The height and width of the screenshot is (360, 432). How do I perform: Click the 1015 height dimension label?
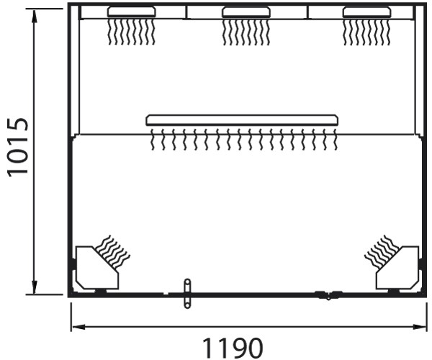[18, 148]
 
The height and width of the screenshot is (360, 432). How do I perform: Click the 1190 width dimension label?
[233, 348]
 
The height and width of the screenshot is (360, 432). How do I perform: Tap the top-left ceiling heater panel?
[132, 12]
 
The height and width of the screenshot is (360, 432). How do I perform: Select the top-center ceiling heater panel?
[246, 12]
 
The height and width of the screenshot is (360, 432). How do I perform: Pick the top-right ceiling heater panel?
[366, 12]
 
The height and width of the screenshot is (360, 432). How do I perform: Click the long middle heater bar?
[242, 120]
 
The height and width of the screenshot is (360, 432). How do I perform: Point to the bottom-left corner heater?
[97, 268]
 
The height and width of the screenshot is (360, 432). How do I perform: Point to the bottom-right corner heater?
[397, 268]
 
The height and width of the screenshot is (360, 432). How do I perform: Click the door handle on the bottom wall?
[187, 294]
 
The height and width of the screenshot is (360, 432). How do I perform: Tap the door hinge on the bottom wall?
[328, 294]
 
